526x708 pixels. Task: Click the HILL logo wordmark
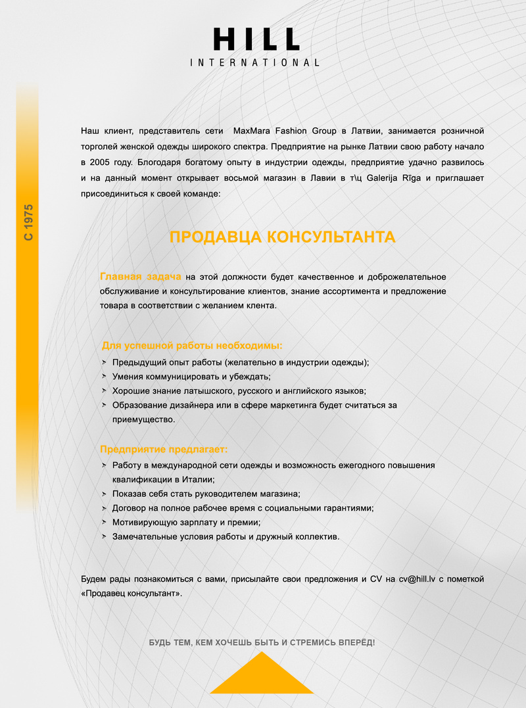click(256, 40)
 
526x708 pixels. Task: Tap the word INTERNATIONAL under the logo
click(254, 63)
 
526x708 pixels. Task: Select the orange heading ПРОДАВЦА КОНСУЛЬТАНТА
click(282, 237)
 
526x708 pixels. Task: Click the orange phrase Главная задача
click(140, 275)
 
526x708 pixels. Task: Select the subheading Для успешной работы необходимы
click(192, 346)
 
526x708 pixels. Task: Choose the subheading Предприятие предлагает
click(164, 450)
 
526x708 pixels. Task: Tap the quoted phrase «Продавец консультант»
click(131, 593)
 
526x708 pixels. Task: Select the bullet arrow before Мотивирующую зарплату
click(104, 522)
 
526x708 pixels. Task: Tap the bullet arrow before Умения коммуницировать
click(104, 377)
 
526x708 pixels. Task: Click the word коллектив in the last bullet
click(317, 536)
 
